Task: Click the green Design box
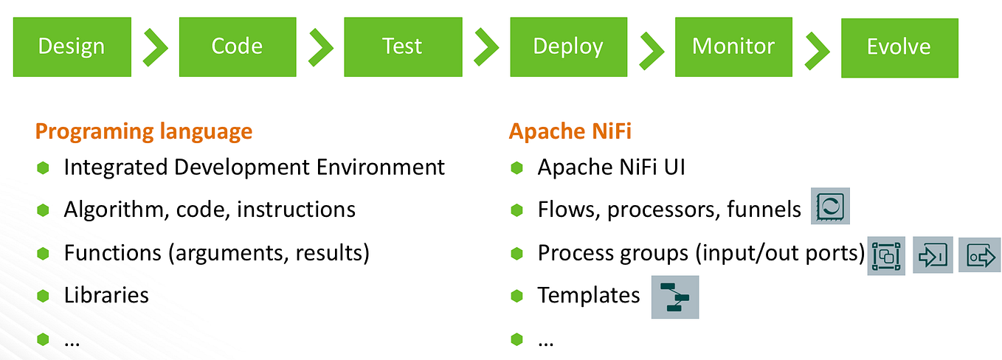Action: coord(72,46)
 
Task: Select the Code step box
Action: coord(237,46)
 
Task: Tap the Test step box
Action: coord(402,46)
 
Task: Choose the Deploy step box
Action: coord(568,47)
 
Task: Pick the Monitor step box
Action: coord(733,47)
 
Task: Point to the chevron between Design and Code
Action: coord(155,47)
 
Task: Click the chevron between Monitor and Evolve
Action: coord(818,50)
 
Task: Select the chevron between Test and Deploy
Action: coord(486,47)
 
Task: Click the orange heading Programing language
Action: coord(144,131)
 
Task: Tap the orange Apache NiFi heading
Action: coord(570,131)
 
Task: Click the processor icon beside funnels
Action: coord(831,207)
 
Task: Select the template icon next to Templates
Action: coord(674,297)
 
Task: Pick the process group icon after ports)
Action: coord(887,255)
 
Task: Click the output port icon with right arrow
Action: coord(979,255)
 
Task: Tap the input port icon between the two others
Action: coord(933,255)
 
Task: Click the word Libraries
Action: coord(106,295)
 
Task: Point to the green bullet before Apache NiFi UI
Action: coord(517,167)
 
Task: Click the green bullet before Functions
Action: coord(43,253)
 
